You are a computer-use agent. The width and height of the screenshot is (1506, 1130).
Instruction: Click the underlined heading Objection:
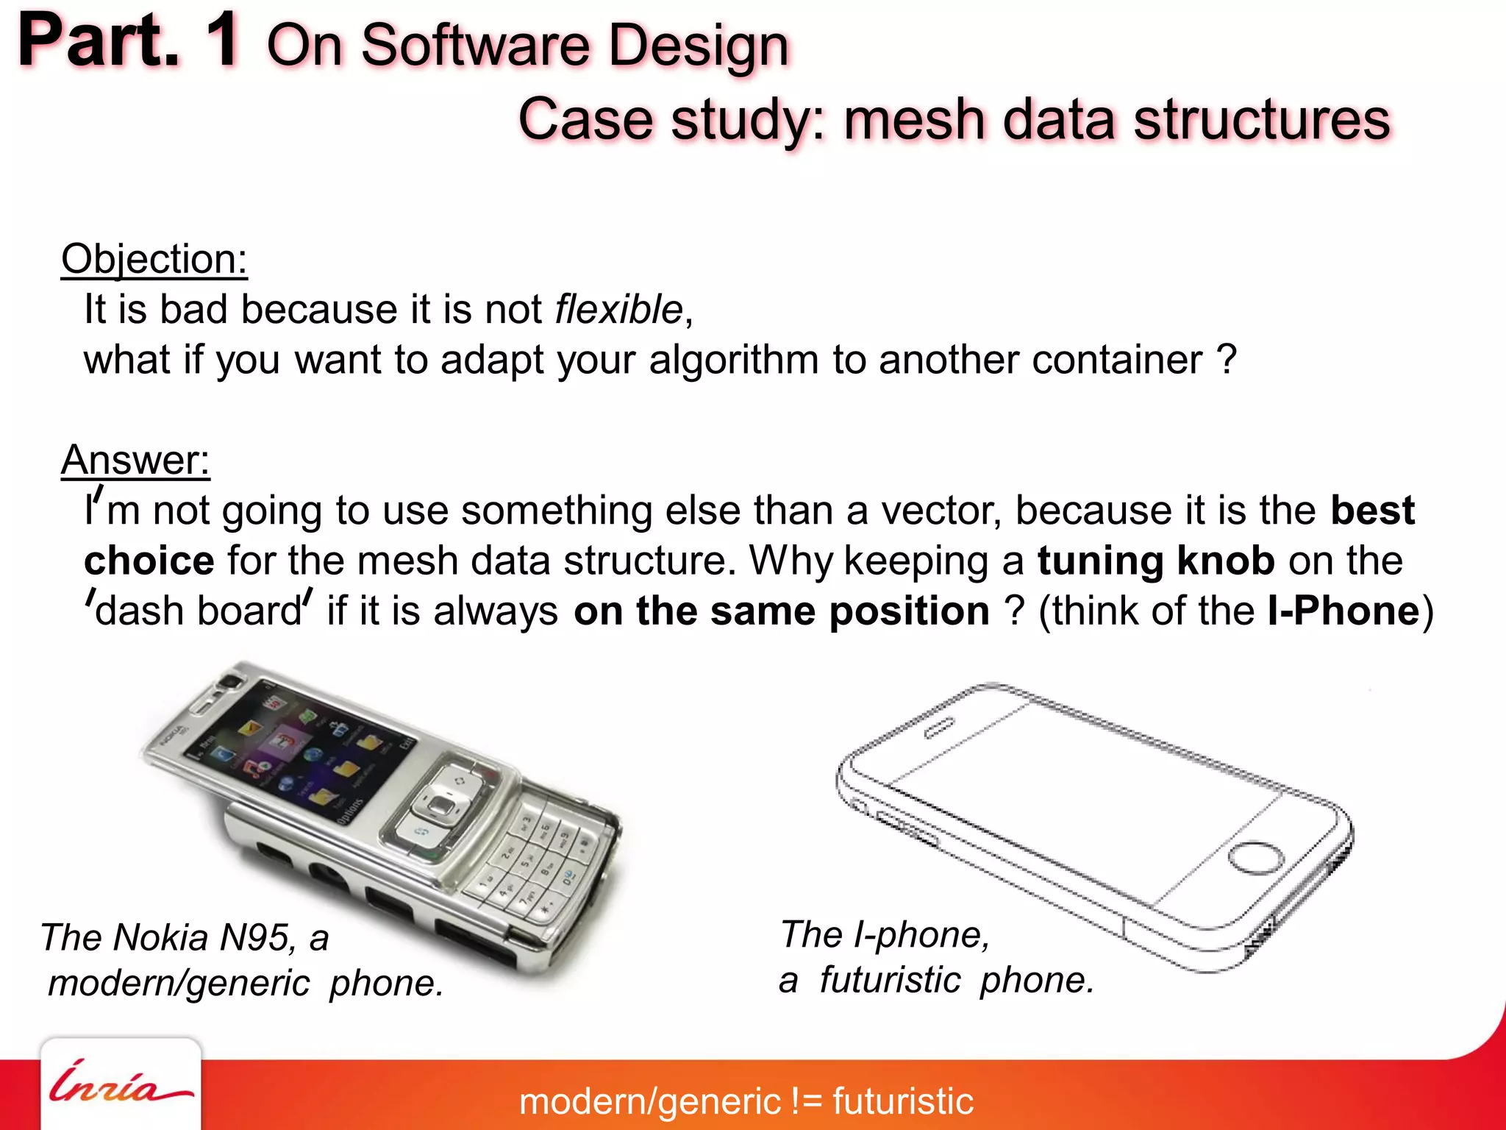pos(154,260)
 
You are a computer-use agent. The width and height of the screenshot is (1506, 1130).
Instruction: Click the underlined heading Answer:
pos(135,461)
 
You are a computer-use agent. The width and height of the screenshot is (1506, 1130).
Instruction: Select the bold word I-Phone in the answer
pos(1343,611)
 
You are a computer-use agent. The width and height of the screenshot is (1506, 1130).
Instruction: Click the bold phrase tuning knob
pos(1156,561)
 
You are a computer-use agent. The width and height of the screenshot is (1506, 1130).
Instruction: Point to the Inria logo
pos(121,1084)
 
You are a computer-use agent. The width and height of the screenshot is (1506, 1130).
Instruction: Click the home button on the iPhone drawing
pos(1256,858)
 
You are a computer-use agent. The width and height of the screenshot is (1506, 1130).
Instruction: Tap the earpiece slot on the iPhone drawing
pos(940,727)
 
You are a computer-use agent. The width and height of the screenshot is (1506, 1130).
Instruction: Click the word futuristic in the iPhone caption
pos(890,980)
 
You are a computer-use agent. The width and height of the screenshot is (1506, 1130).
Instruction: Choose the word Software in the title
pos(475,46)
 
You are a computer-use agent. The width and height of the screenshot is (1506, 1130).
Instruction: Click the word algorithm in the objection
pos(733,360)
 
